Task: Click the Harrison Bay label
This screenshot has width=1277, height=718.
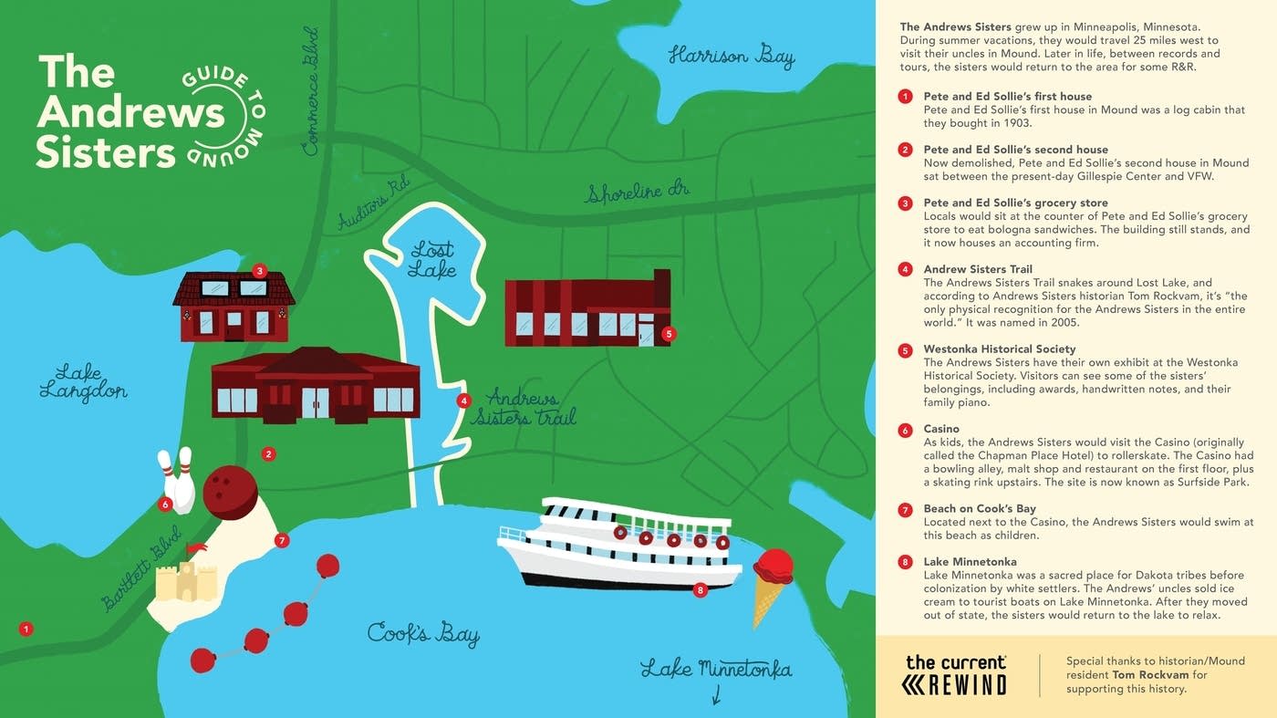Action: (731, 57)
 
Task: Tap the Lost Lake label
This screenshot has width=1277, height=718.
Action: (431, 259)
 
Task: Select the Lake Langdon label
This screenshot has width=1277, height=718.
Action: (83, 382)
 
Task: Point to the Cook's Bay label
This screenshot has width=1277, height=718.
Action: (423, 633)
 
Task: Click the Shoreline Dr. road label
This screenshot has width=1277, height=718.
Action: (637, 193)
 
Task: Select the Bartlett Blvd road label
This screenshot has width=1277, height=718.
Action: (142, 567)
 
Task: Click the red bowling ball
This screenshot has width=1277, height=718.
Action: (230, 493)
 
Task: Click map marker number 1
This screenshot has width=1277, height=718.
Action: (26, 629)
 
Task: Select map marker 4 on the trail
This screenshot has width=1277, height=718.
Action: (463, 400)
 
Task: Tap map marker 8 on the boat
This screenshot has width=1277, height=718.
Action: (700, 590)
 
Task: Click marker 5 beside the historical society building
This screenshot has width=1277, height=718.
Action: (669, 334)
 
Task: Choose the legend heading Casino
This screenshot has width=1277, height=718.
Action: (941, 429)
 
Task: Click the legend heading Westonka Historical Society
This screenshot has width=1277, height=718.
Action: (999, 349)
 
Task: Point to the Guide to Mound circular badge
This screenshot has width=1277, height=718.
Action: (222, 116)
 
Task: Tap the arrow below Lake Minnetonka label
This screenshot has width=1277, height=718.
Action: (716, 696)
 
